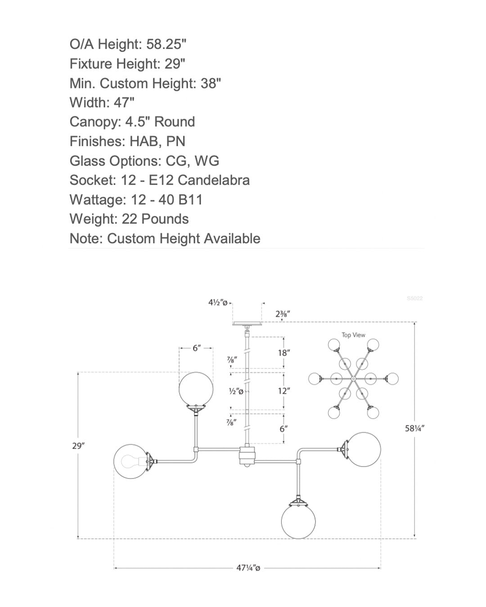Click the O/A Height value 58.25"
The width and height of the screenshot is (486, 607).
coord(166,44)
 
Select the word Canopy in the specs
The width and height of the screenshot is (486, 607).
coord(95,122)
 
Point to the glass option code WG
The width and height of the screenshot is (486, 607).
coord(207,161)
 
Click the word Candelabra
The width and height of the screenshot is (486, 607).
coord(213,180)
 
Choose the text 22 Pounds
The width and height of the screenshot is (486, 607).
coord(155,219)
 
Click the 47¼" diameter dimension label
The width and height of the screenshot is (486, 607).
coord(248,568)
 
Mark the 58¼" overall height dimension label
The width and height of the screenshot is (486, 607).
coord(414,428)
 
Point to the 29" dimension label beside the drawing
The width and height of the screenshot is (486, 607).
coord(78,446)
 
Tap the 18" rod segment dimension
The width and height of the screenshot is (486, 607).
coord(284,353)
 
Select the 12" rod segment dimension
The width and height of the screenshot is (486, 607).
coord(284,391)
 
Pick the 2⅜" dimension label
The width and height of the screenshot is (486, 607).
coord(283,314)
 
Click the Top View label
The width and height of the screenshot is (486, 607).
coord(353,335)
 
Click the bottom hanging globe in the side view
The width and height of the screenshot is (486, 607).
coord(298,522)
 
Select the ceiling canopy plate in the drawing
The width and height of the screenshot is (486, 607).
coord(247,324)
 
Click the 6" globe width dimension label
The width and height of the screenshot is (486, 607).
coord(197,348)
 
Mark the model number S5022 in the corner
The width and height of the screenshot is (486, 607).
coord(414,299)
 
